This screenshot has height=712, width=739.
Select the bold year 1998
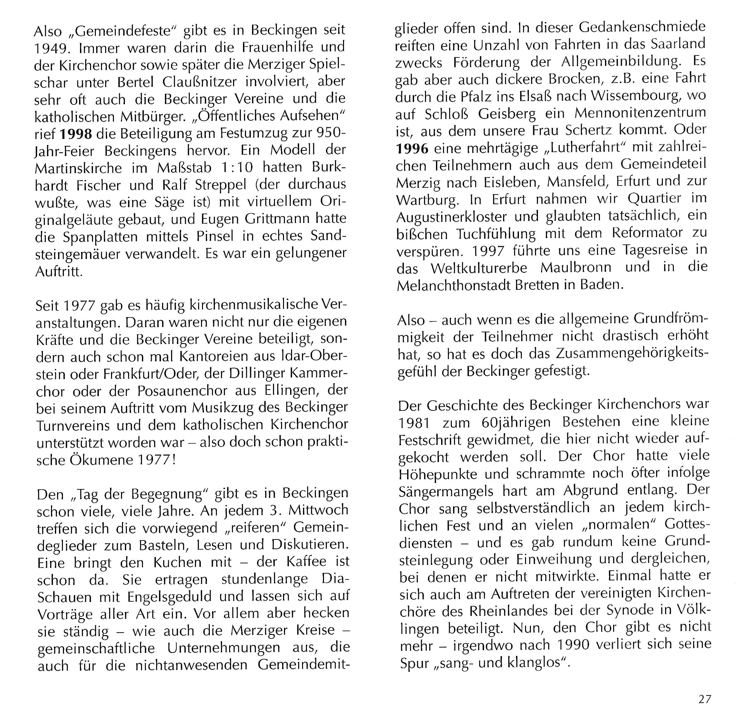click(x=76, y=134)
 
